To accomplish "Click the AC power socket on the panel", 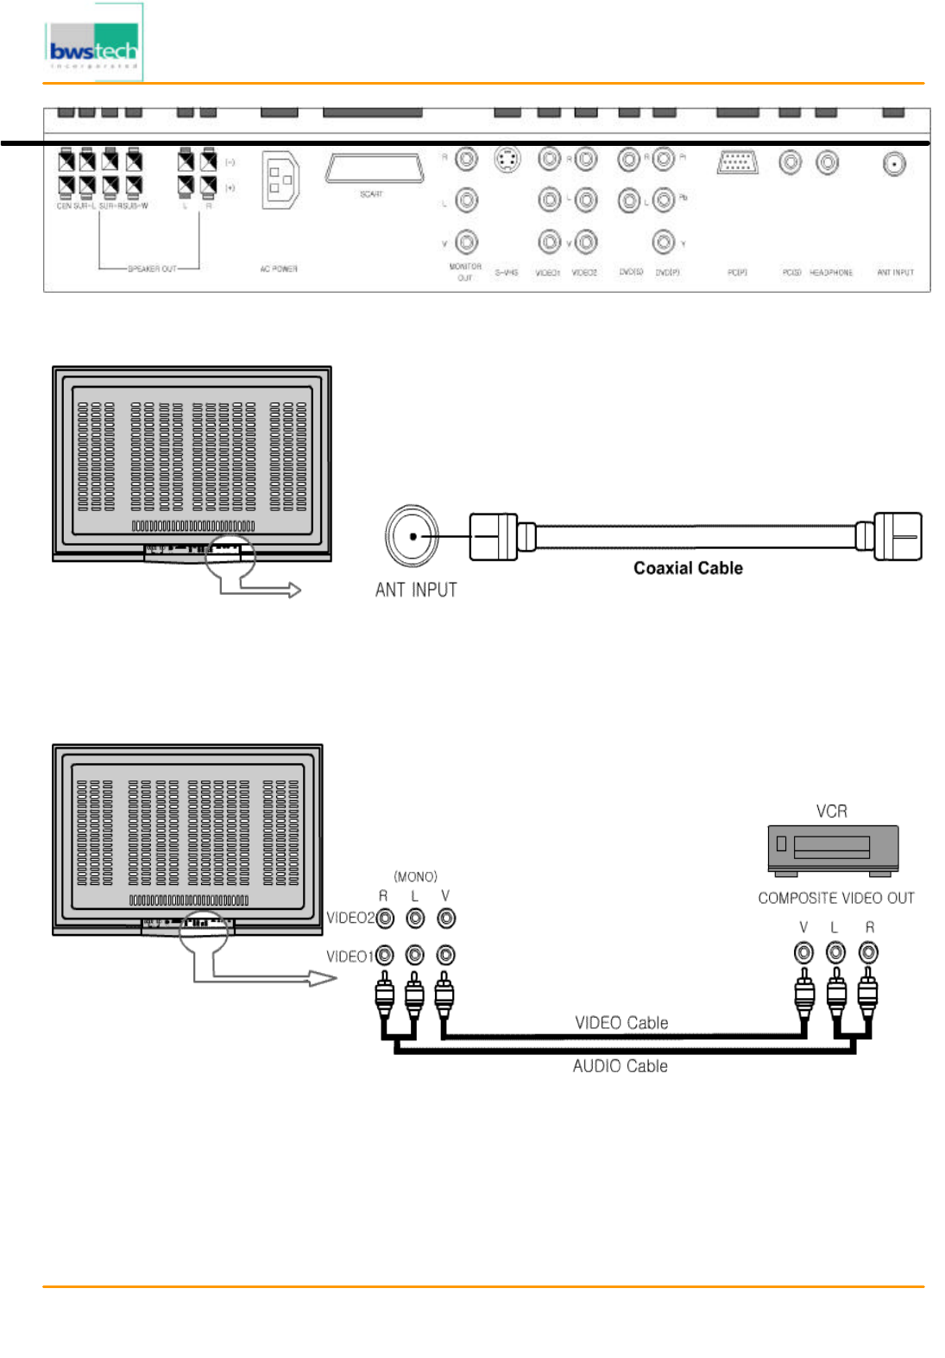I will click(280, 179).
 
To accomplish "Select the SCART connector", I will click(375, 168).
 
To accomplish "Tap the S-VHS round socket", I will click(507, 159).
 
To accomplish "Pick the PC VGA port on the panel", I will click(737, 162).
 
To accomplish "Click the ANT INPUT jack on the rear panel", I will click(894, 163).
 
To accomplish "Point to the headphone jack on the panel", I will click(827, 162).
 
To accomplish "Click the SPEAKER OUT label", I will click(152, 269).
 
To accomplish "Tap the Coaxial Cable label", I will click(688, 568).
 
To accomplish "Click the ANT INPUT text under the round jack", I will click(416, 590).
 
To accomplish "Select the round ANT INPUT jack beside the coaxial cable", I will click(413, 536).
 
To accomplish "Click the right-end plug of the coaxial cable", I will click(897, 536).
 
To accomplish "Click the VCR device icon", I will click(833, 848).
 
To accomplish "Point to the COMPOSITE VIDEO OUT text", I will click(835, 898).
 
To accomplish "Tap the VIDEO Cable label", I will click(621, 1023).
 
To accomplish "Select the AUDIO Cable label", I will click(620, 1066).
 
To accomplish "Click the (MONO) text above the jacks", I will click(415, 876).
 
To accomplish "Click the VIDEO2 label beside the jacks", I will click(350, 918).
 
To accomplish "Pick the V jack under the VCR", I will click(803, 952).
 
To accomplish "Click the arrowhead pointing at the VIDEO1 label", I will click(323, 978).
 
